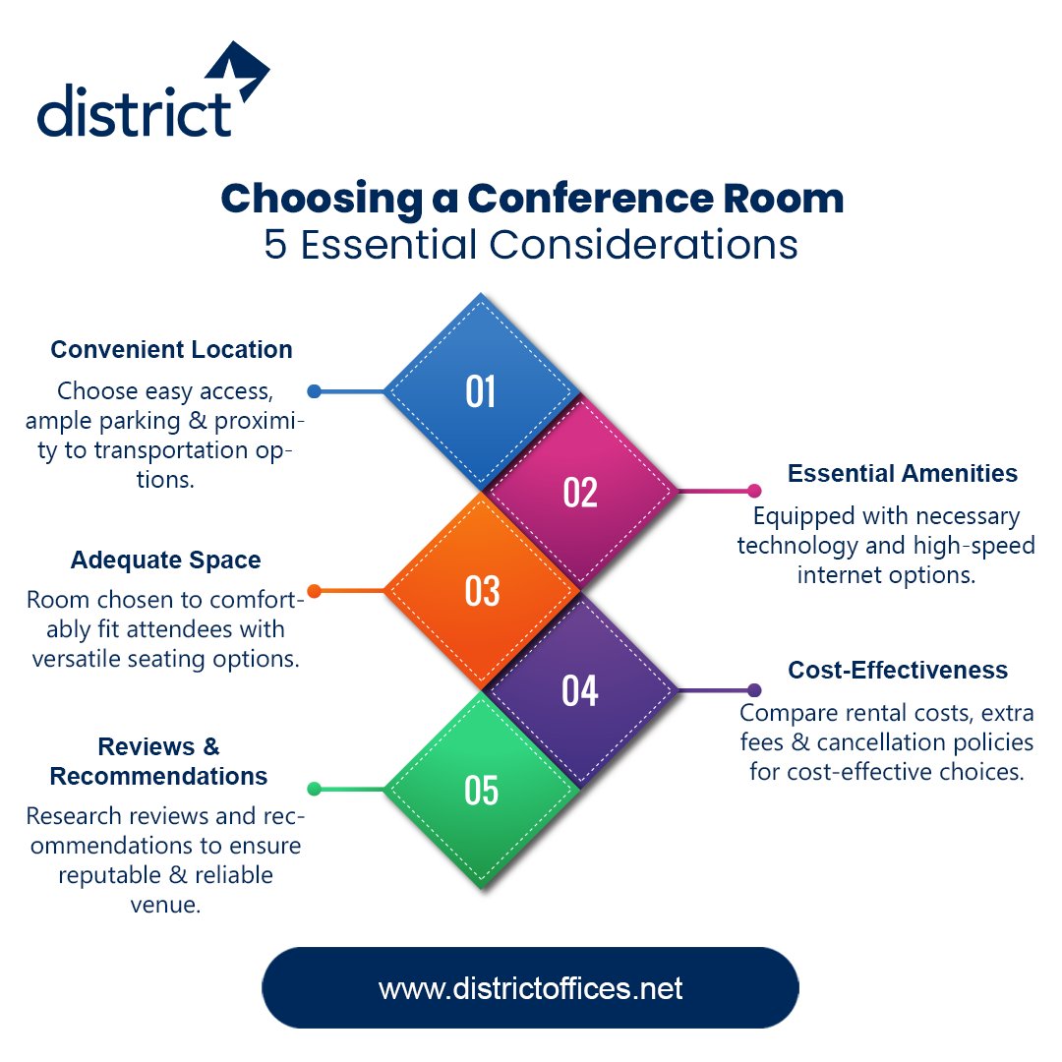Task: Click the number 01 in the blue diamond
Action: click(x=481, y=392)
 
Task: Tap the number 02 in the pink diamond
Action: click(x=580, y=492)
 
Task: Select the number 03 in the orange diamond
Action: click(x=482, y=591)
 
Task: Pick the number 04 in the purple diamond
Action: click(x=580, y=690)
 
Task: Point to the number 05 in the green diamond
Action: click(x=482, y=791)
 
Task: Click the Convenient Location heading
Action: click(x=171, y=350)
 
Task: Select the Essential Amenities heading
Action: click(x=902, y=474)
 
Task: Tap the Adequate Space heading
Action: click(x=165, y=560)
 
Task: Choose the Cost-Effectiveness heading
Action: click(x=898, y=671)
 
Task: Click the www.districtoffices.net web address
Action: click(x=530, y=988)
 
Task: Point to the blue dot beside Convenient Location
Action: click(x=314, y=391)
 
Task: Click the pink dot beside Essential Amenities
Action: click(x=754, y=491)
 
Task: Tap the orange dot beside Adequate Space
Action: click(x=314, y=591)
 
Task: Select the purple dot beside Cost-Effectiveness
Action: click(x=754, y=690)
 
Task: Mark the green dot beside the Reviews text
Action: click(x=314, y=789)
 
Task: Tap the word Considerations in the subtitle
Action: click(x=646, y=245)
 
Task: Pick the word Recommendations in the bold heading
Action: click(x=158, y=777)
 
